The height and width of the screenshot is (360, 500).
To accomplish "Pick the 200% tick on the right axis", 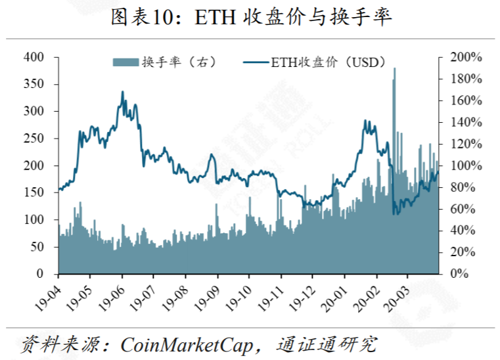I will click(x=465, y=58).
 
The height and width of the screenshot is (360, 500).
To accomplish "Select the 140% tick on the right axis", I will click(x=465, y=122).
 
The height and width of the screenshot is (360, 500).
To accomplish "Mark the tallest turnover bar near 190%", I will click(x=394, y=70).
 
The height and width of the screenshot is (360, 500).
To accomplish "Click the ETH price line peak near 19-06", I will click(x=122, y=93).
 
